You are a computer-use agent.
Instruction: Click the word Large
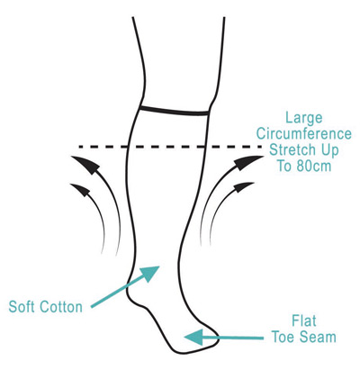coord(303,119)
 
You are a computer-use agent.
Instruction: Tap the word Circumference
coord(303,133)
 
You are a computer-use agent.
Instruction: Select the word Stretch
coord(292,149)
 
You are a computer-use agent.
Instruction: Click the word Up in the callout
coord(330,150)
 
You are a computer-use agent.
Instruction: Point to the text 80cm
coord(313,166)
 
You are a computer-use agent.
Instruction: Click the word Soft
coord(22,307)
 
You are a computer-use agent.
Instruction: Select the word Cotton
coord(61,307)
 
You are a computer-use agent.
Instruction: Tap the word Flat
coord(304,320)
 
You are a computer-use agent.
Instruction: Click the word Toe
coord(283,337)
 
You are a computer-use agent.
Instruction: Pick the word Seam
coord(319,337)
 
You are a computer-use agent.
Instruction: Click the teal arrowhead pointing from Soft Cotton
coord(149,274)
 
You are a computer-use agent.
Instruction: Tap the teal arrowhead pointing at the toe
coord(193,338)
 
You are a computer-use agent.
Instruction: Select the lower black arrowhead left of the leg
coord(80,190)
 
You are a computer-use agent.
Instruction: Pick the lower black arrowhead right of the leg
coord(244,187)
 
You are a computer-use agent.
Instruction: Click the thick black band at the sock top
coord(175,110)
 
